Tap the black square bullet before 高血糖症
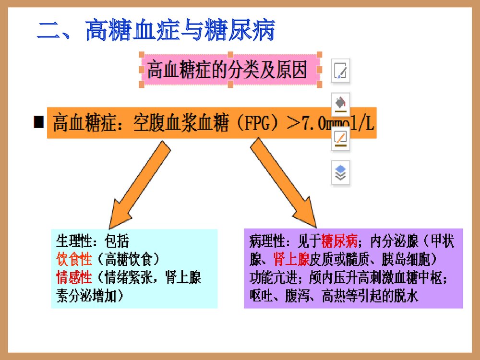click(38, 122)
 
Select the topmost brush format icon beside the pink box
click(341, 71)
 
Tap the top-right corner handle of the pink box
click(320, 54)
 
